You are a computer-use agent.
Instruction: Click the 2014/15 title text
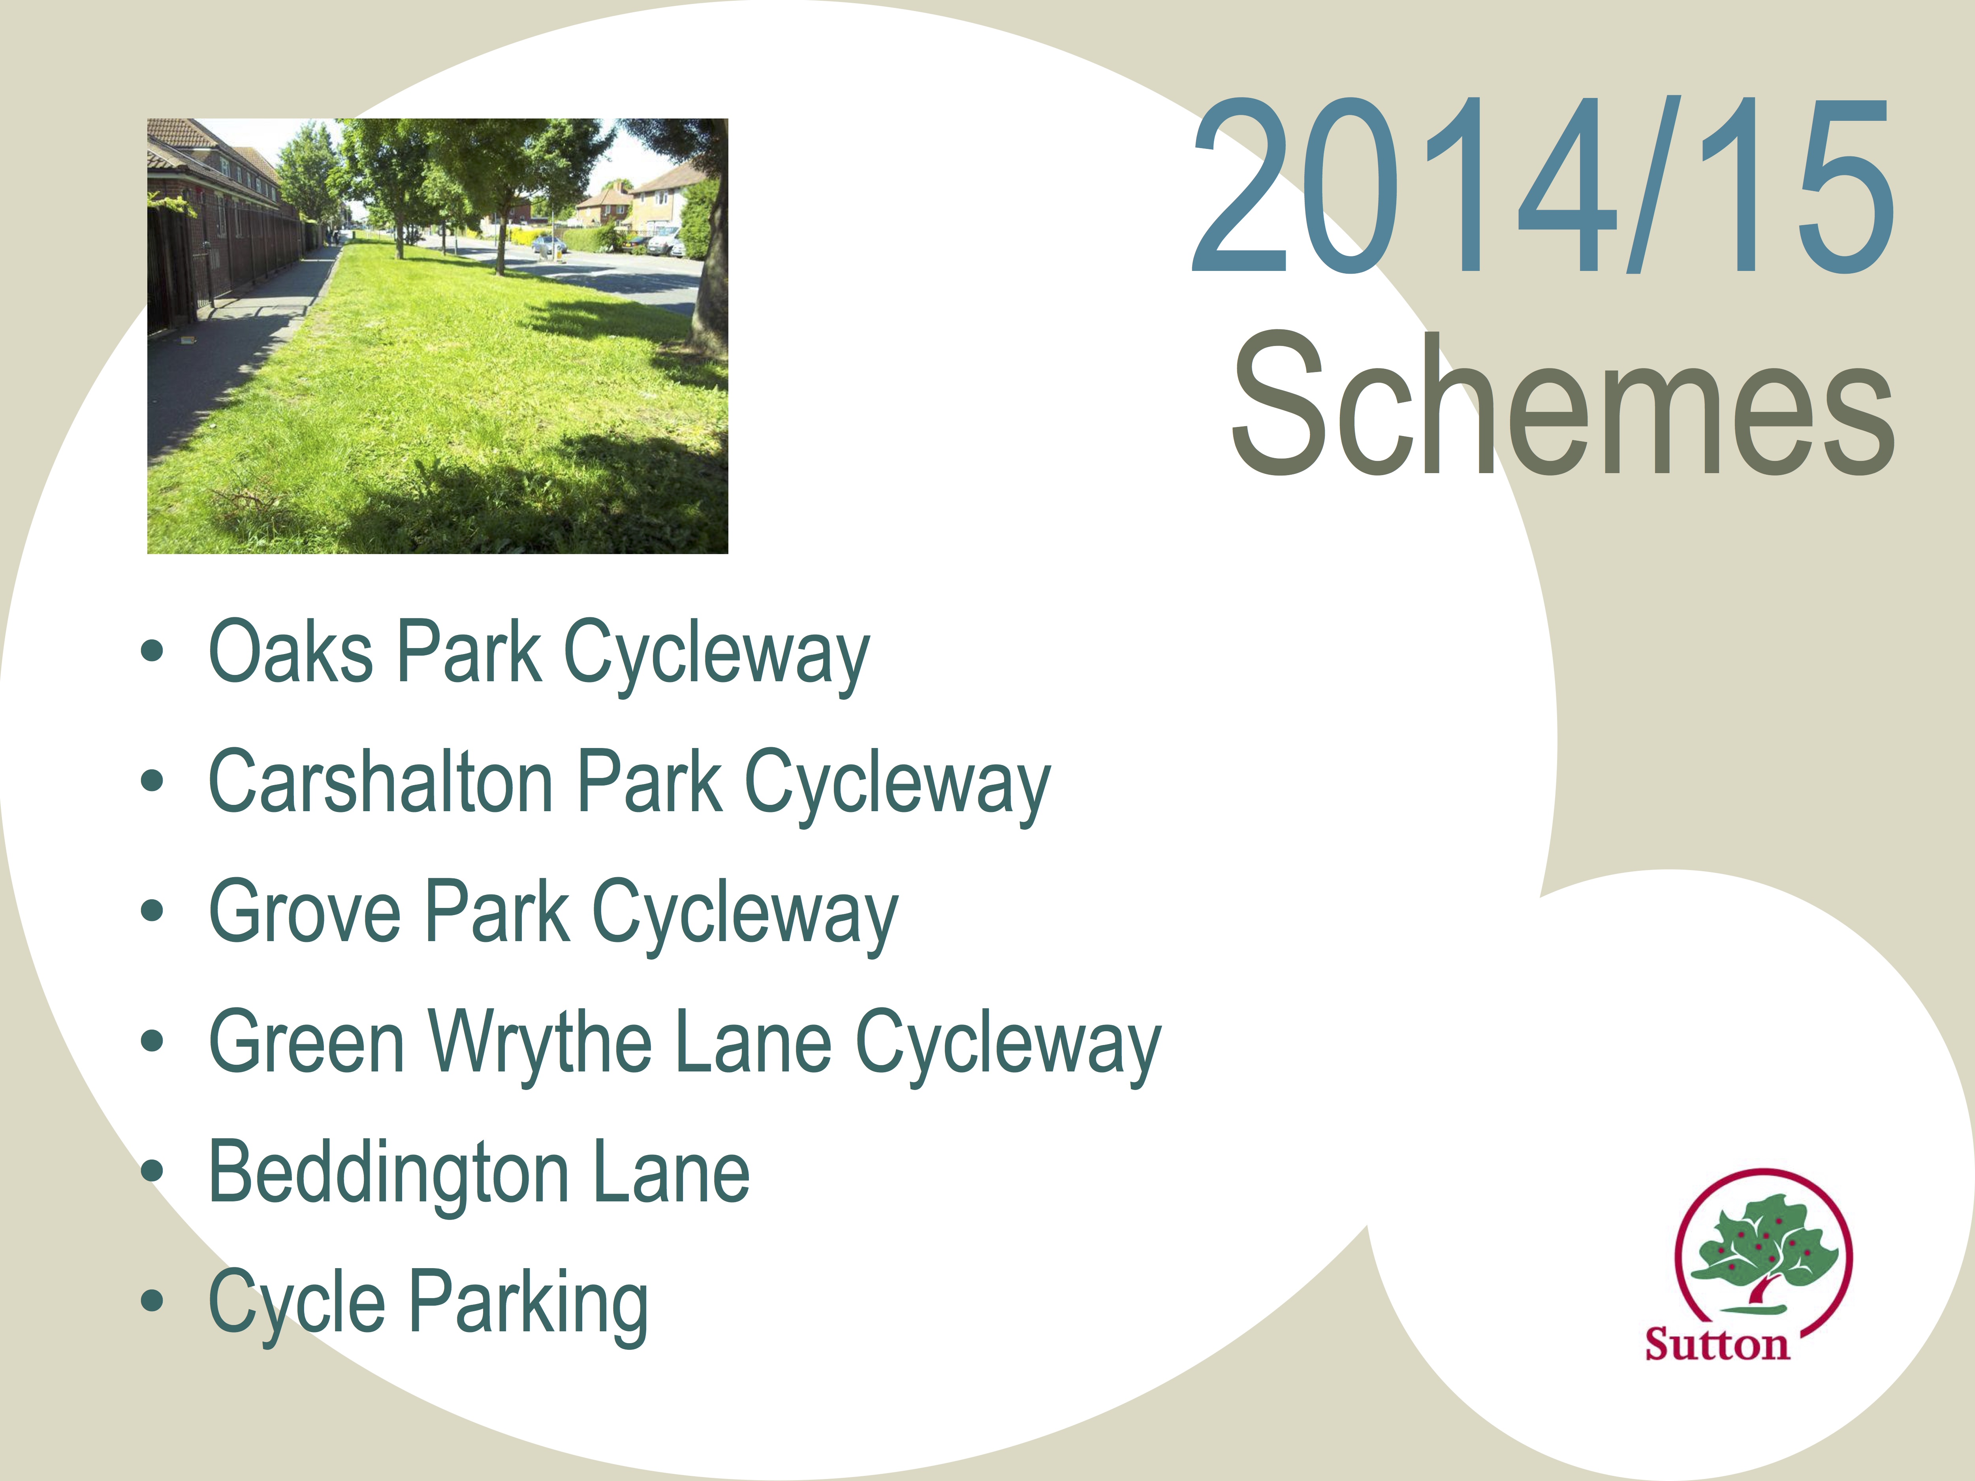coord(1543,186)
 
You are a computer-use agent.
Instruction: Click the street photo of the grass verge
coord(438,336)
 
